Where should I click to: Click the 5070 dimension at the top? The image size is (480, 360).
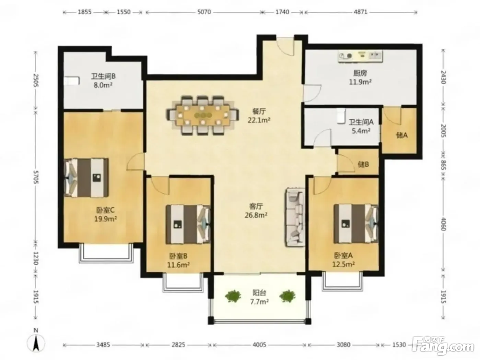pos(204,12)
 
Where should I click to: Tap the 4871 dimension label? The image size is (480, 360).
pos(361,12)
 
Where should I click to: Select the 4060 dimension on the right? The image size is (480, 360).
pos(443,224)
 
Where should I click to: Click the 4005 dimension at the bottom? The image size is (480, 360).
pos(259,345)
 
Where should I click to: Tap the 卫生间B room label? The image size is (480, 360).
pos(103,76)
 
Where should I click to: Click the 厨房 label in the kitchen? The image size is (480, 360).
pos(360,73)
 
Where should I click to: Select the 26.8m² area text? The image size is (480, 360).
pos(256,215)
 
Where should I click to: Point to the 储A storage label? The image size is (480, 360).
pos(402,135)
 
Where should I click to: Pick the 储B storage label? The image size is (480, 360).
pos(363,164)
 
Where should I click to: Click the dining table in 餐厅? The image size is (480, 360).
pos(202,115)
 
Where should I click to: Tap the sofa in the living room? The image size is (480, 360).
pos(295,218)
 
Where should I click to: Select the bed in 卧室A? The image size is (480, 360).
pos(356,224)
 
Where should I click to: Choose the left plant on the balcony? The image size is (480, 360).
pos(233,296)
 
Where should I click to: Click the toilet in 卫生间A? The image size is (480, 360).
pos(341,116)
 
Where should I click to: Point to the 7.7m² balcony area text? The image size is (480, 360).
pos(259,302)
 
